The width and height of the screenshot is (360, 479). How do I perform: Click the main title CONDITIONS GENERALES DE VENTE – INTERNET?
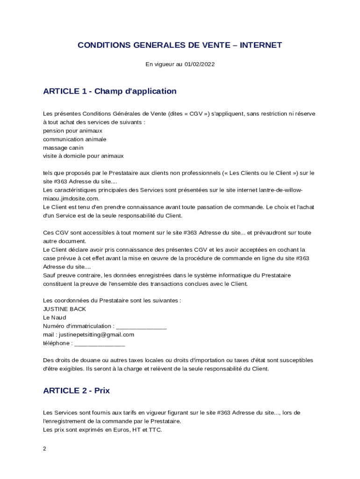coord(180,45)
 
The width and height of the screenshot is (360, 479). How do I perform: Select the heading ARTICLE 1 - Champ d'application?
coord(110,91)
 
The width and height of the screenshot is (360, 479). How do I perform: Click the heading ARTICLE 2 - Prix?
coord(76,391)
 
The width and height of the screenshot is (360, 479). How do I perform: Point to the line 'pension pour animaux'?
coord(72,131)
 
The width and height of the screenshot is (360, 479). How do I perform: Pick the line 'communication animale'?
coord(75,139)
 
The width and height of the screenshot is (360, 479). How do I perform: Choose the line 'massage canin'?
coord(63,148)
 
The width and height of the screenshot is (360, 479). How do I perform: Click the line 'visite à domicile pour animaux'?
coord(83,156)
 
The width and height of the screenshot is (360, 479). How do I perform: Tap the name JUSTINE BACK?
coord(65,309)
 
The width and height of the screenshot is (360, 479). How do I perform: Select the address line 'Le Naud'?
coord(55,318)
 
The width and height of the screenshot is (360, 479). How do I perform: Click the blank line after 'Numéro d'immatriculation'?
coord(141,327)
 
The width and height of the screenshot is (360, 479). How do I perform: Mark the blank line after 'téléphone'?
coord(100,344)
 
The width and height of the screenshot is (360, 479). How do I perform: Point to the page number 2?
coord(44,449)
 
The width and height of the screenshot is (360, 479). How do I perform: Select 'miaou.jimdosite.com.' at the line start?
coord(71,199)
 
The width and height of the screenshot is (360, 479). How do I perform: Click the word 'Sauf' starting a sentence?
coord(49,276)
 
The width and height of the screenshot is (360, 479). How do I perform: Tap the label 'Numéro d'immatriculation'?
coord(78,327)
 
